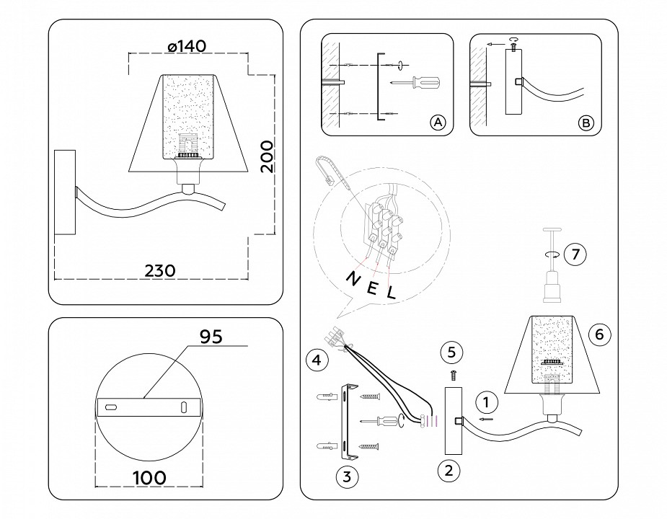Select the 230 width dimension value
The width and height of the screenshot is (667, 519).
tap(160, 270)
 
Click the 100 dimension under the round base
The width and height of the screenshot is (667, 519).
tap(149, 477)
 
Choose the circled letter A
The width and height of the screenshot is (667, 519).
tap(438, 123)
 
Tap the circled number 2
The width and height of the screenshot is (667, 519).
tap(449, 471)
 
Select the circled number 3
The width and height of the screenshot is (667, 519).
tap(347, 476)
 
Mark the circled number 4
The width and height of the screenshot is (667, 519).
tap(314, 358)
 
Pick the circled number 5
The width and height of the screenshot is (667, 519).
tap(451, 352)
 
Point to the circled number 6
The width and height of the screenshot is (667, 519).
tap(599, 334)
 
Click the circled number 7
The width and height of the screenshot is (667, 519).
tap(575, 254)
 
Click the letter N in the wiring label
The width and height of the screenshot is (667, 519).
tap(353, 278)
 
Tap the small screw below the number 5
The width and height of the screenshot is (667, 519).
tap(451, 375)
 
